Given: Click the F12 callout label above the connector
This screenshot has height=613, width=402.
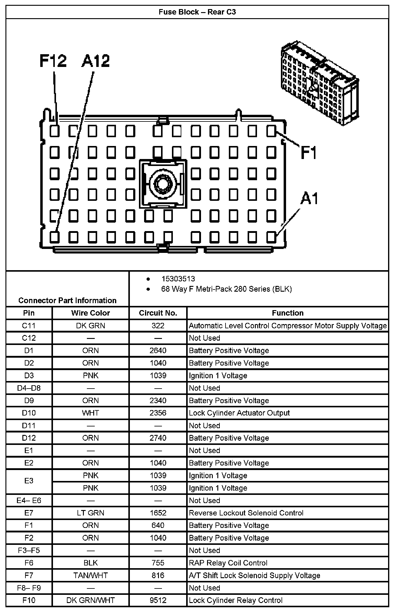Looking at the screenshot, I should point(53,61).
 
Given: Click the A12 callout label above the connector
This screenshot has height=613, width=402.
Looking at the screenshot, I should point(96,61).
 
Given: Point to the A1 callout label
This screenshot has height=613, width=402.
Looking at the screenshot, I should point(309,199).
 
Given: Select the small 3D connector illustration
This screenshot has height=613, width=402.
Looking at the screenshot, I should point(320,83).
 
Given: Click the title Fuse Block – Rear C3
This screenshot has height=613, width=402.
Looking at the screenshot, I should point(197,12).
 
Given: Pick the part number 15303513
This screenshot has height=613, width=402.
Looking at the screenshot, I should point(178,279).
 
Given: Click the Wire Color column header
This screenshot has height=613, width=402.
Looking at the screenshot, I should point(91,313).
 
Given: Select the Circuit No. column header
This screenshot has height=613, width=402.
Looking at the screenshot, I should point(158,313).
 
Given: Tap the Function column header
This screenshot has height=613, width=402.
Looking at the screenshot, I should point(288,313).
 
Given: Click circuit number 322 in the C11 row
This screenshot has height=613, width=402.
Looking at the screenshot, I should point(158,326).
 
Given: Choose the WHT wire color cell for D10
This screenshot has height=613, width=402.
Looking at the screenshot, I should point(91,413).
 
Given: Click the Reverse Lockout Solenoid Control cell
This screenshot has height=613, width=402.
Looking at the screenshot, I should point(246,513).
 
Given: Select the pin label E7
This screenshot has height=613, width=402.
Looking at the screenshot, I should point(29,513).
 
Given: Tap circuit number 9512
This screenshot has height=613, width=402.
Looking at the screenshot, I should point(158,600).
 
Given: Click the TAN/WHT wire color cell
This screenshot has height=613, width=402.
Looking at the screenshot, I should point(91,575).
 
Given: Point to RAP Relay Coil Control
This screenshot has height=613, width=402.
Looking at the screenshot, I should point(228,563).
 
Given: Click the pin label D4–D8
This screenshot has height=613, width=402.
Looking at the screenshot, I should point(29,388).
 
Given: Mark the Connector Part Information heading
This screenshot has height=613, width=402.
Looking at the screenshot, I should point(67,300).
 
